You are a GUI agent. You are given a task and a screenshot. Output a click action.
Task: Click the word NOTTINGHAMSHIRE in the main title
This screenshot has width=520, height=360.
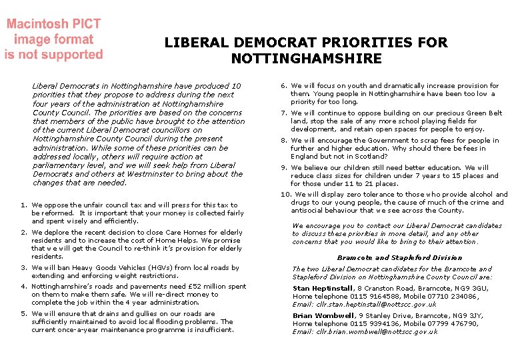coord(306,59)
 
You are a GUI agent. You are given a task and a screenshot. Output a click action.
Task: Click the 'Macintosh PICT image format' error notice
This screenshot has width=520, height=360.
coord(53,39)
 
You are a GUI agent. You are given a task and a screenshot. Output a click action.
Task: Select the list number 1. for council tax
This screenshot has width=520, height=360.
coord(24,205)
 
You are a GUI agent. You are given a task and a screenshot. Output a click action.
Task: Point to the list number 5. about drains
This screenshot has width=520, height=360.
coord(24,314)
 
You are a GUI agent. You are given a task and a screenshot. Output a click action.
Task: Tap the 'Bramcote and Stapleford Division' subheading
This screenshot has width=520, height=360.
coord(399,258)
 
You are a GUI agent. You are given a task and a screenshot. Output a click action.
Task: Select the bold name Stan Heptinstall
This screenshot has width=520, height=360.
coord(323,289)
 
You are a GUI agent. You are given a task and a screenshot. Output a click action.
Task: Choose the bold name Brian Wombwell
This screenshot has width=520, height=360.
coord(323,316)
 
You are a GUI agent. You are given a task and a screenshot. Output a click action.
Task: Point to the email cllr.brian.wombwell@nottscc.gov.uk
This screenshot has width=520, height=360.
coord(377,332)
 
